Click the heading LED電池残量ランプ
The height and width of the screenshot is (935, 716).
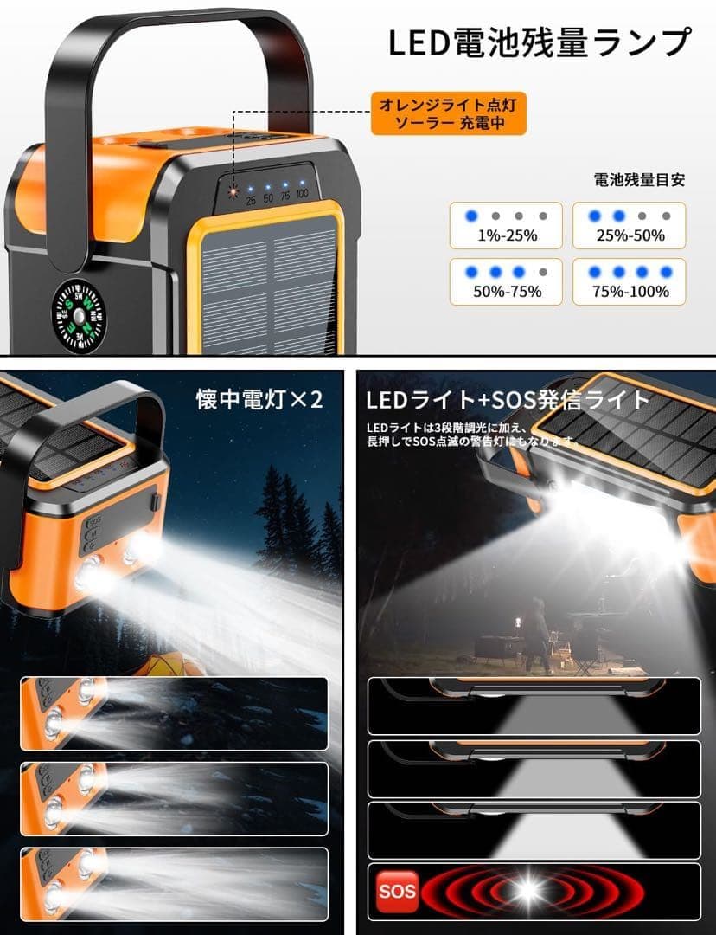(x=540, y=42)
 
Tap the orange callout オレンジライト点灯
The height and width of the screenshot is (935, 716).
(x=449, y=114)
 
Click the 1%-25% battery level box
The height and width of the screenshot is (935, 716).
(x=506, y=225)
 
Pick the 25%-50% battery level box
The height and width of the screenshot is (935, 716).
(x=629, y=225)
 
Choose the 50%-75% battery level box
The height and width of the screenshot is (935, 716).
(x=506, y=281)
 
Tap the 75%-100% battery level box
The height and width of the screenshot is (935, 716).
(x=629, y=281)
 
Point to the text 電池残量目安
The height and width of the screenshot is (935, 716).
(x=639, y=180)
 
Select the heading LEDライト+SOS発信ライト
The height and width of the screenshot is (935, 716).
(x=508, y=400)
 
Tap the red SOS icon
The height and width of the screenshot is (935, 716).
(x=397, y=890)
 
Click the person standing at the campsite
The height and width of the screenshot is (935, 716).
(x=537, y=632)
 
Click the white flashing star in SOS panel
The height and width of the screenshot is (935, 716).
(x=525, y=891)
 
